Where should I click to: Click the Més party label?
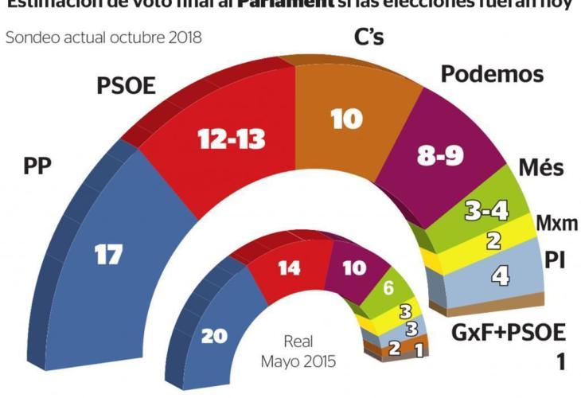pos(541,168)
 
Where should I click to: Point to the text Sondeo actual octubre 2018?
pos(103,37)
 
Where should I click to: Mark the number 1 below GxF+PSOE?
pos(560,362)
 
